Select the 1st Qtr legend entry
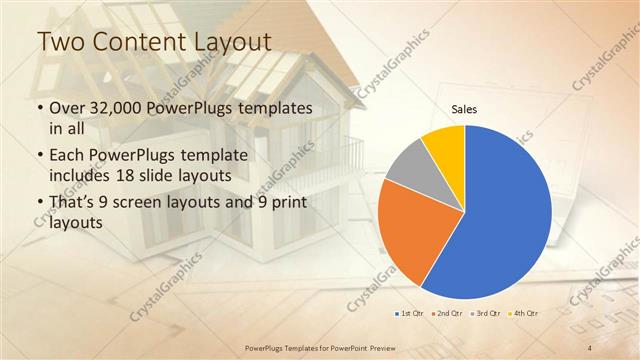tap(410, 313)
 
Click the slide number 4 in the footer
tap(590, 347)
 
